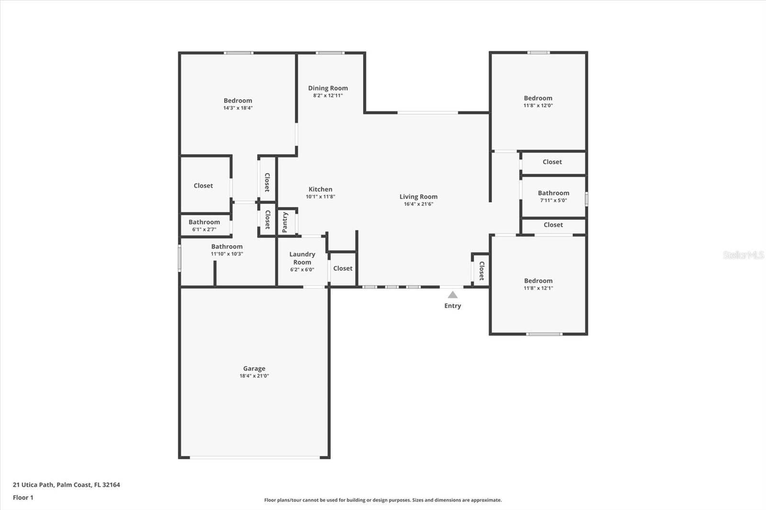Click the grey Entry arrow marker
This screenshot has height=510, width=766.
[x=452, y=295]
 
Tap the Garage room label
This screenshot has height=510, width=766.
[x=254, y=368]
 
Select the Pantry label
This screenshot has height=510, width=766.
[x=285, y=222]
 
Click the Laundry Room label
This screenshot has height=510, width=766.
[x=302, y=258]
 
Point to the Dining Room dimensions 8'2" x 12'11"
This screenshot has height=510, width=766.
[x=328, y=96]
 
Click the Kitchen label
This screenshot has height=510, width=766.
[x=320, y=189]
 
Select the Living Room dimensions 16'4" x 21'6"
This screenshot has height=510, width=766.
[x=418, y=204]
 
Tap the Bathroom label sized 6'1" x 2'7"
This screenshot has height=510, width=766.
[x=204, y=222]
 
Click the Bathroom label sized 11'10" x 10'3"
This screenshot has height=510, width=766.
[x=227, y=246]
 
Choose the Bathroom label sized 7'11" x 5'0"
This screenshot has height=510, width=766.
[x=553, y=193]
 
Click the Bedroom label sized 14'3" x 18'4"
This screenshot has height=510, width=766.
[x=238, y=100]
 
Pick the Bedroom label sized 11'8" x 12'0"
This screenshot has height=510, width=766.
[x=538, y=98]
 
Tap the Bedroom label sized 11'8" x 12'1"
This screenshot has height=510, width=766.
[x=538, y=281]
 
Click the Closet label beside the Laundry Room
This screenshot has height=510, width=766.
[x=343, y=268]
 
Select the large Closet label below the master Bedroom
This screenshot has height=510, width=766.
[x=203, y=186]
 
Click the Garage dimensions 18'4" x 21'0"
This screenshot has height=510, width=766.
[x=254, y=376]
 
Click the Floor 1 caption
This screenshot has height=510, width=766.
[x=23, y=498]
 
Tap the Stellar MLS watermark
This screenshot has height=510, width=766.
[x=743, y=255]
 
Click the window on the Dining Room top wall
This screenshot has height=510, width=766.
[x=330, y=53]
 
